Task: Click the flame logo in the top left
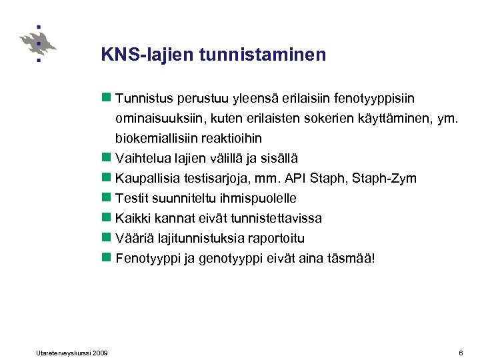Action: click(x=38, y=43)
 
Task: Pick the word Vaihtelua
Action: click(x=142, y=159)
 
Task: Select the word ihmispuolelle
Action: click(x=257, y=199)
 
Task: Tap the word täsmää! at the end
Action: click(x=352, y=258)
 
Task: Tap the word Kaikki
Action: click(x=132, y=218)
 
